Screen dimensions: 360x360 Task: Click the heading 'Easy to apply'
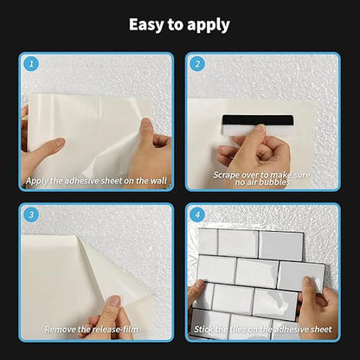179,24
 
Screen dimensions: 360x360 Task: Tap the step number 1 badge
31,63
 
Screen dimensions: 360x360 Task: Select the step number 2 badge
197,63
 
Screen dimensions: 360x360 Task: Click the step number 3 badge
31,215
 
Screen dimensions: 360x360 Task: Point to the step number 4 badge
197,215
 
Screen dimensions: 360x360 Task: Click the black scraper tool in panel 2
256,120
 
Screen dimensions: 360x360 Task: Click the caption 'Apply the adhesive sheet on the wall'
97,181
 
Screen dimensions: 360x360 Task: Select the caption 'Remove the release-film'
97,331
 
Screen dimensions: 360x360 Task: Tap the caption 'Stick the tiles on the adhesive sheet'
263,331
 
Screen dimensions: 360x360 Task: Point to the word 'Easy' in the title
149,24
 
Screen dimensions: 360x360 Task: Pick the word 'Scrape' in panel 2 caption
228,173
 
